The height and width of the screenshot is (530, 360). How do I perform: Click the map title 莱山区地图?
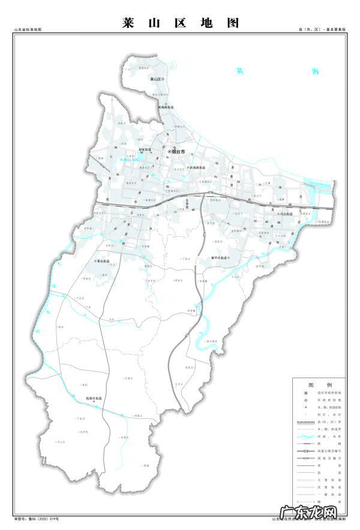[180, 23]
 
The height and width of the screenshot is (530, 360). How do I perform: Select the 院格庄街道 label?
[94, 398]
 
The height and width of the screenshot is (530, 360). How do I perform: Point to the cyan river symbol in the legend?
[305, 436]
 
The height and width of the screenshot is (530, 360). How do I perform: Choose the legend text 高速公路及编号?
[331, 450]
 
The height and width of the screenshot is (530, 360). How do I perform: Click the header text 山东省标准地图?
[26, 29]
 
